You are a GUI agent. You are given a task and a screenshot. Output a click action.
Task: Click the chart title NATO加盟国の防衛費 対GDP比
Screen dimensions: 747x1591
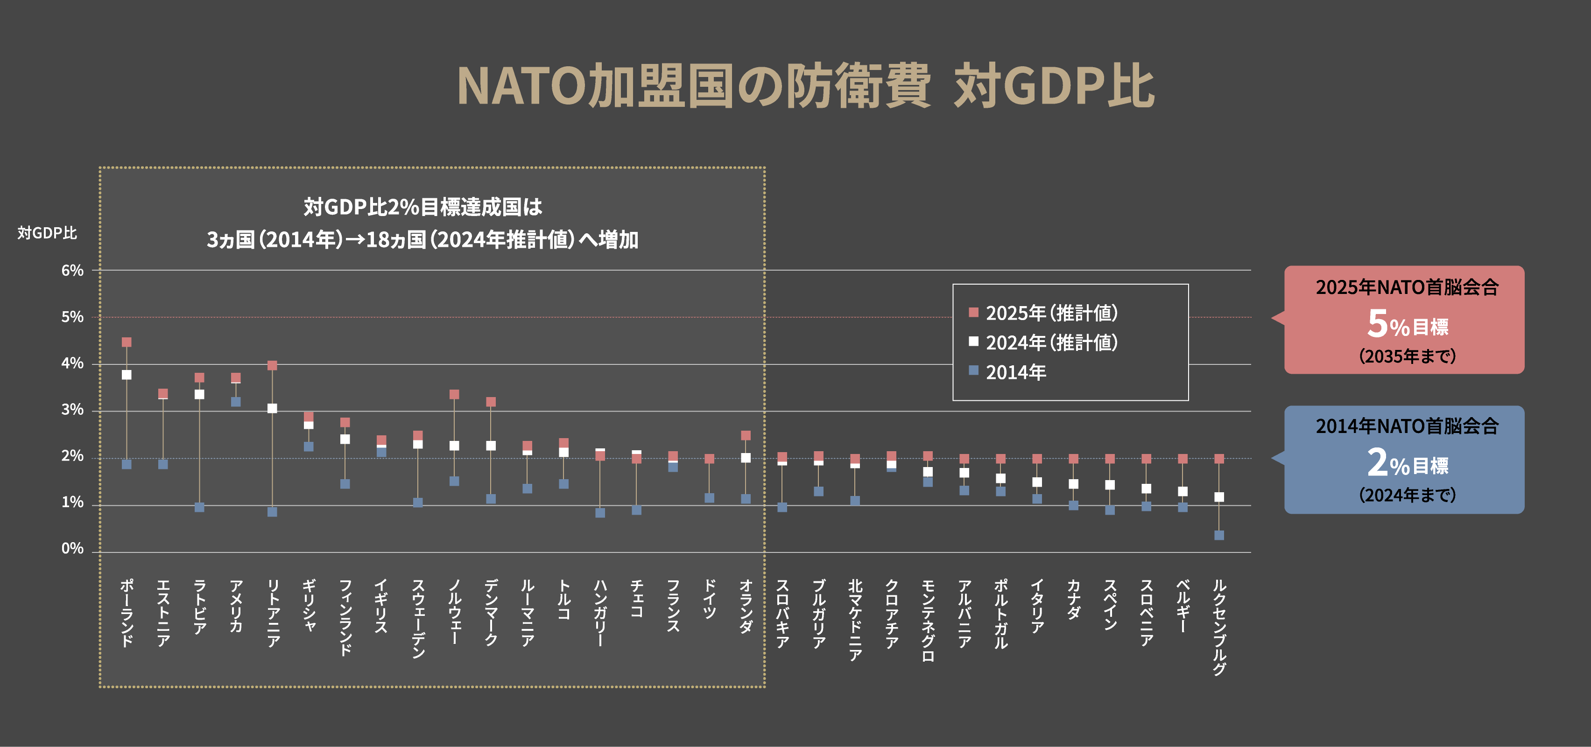point(805,86)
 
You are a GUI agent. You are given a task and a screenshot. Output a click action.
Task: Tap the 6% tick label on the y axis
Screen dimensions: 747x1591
point(72,271)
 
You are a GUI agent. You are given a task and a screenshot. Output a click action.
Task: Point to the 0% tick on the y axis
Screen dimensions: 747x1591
point(72,548)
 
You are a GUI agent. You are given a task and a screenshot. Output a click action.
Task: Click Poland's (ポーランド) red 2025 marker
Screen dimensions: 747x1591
point(127,342)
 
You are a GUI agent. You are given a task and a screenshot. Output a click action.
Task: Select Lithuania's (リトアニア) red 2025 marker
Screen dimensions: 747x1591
point(272,365)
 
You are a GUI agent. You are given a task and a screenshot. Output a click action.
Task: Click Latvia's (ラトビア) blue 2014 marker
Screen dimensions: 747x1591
point(199,507)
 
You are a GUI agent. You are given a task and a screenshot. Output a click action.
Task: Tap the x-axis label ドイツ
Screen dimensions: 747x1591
point(710,599)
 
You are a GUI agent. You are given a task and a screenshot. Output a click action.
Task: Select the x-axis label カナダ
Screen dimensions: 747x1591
point(1073,599)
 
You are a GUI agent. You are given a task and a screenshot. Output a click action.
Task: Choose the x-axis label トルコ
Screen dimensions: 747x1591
point(564,599)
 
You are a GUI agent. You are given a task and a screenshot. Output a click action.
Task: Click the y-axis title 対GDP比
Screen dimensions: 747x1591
point(47,233)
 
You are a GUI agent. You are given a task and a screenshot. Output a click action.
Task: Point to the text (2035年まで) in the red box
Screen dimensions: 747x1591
point(1407,356)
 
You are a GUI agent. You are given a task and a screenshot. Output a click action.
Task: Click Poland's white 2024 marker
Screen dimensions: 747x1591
point(127,375)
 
